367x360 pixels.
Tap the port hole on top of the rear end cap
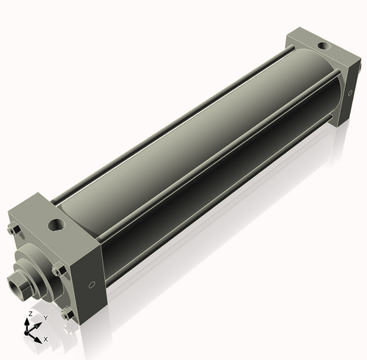[322, 47]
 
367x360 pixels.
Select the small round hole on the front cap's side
[91, 284]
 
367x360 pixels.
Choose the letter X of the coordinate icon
[45, 339]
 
